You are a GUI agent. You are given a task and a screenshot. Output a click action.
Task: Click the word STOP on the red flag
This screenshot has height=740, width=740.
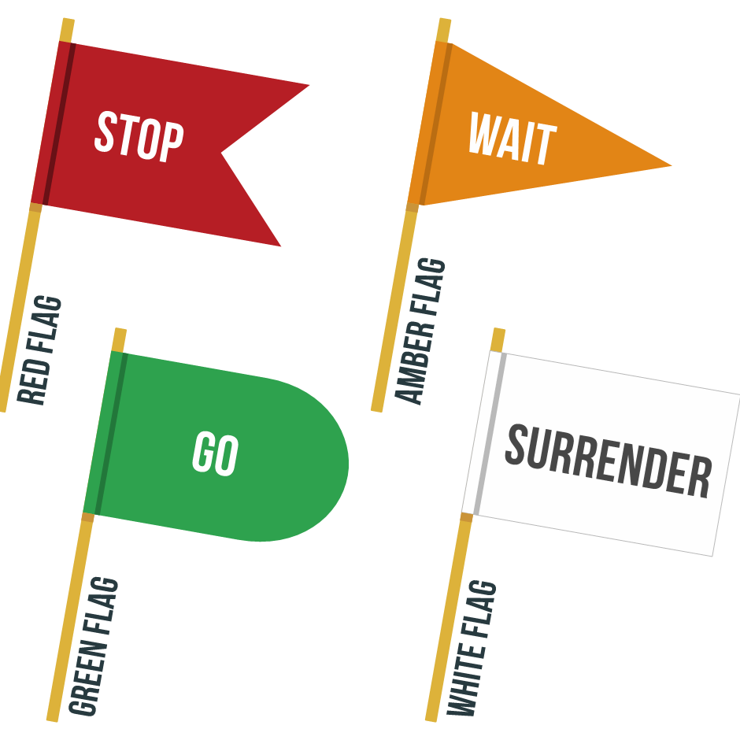139,138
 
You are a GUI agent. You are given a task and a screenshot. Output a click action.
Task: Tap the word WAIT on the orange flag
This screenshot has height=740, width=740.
512,139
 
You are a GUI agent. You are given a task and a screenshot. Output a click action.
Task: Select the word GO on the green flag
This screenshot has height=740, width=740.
215,454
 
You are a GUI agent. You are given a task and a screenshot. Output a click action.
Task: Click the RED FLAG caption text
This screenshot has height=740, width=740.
39,350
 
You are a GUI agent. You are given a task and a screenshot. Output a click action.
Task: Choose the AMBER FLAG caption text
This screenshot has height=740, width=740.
421,331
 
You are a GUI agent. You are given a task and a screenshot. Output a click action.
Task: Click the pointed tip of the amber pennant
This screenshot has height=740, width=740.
671,166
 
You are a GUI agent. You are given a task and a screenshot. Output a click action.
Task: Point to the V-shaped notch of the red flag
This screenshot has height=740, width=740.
224,153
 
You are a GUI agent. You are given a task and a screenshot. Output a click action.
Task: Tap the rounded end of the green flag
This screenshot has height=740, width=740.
347,464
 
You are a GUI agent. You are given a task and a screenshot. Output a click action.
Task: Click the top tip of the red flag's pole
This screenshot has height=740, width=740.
67,20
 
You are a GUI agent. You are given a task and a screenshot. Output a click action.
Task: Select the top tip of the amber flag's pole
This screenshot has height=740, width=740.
444,20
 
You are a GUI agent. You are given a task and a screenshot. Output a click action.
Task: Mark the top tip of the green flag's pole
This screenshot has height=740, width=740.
120,331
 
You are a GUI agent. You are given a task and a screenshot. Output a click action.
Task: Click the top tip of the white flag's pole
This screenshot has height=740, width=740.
498,331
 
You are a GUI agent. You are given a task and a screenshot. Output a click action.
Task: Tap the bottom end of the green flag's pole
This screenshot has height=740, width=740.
53,718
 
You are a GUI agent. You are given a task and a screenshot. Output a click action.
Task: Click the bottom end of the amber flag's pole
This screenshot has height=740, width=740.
377,408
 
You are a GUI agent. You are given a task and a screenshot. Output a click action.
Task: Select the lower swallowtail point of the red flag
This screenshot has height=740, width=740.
280,246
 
